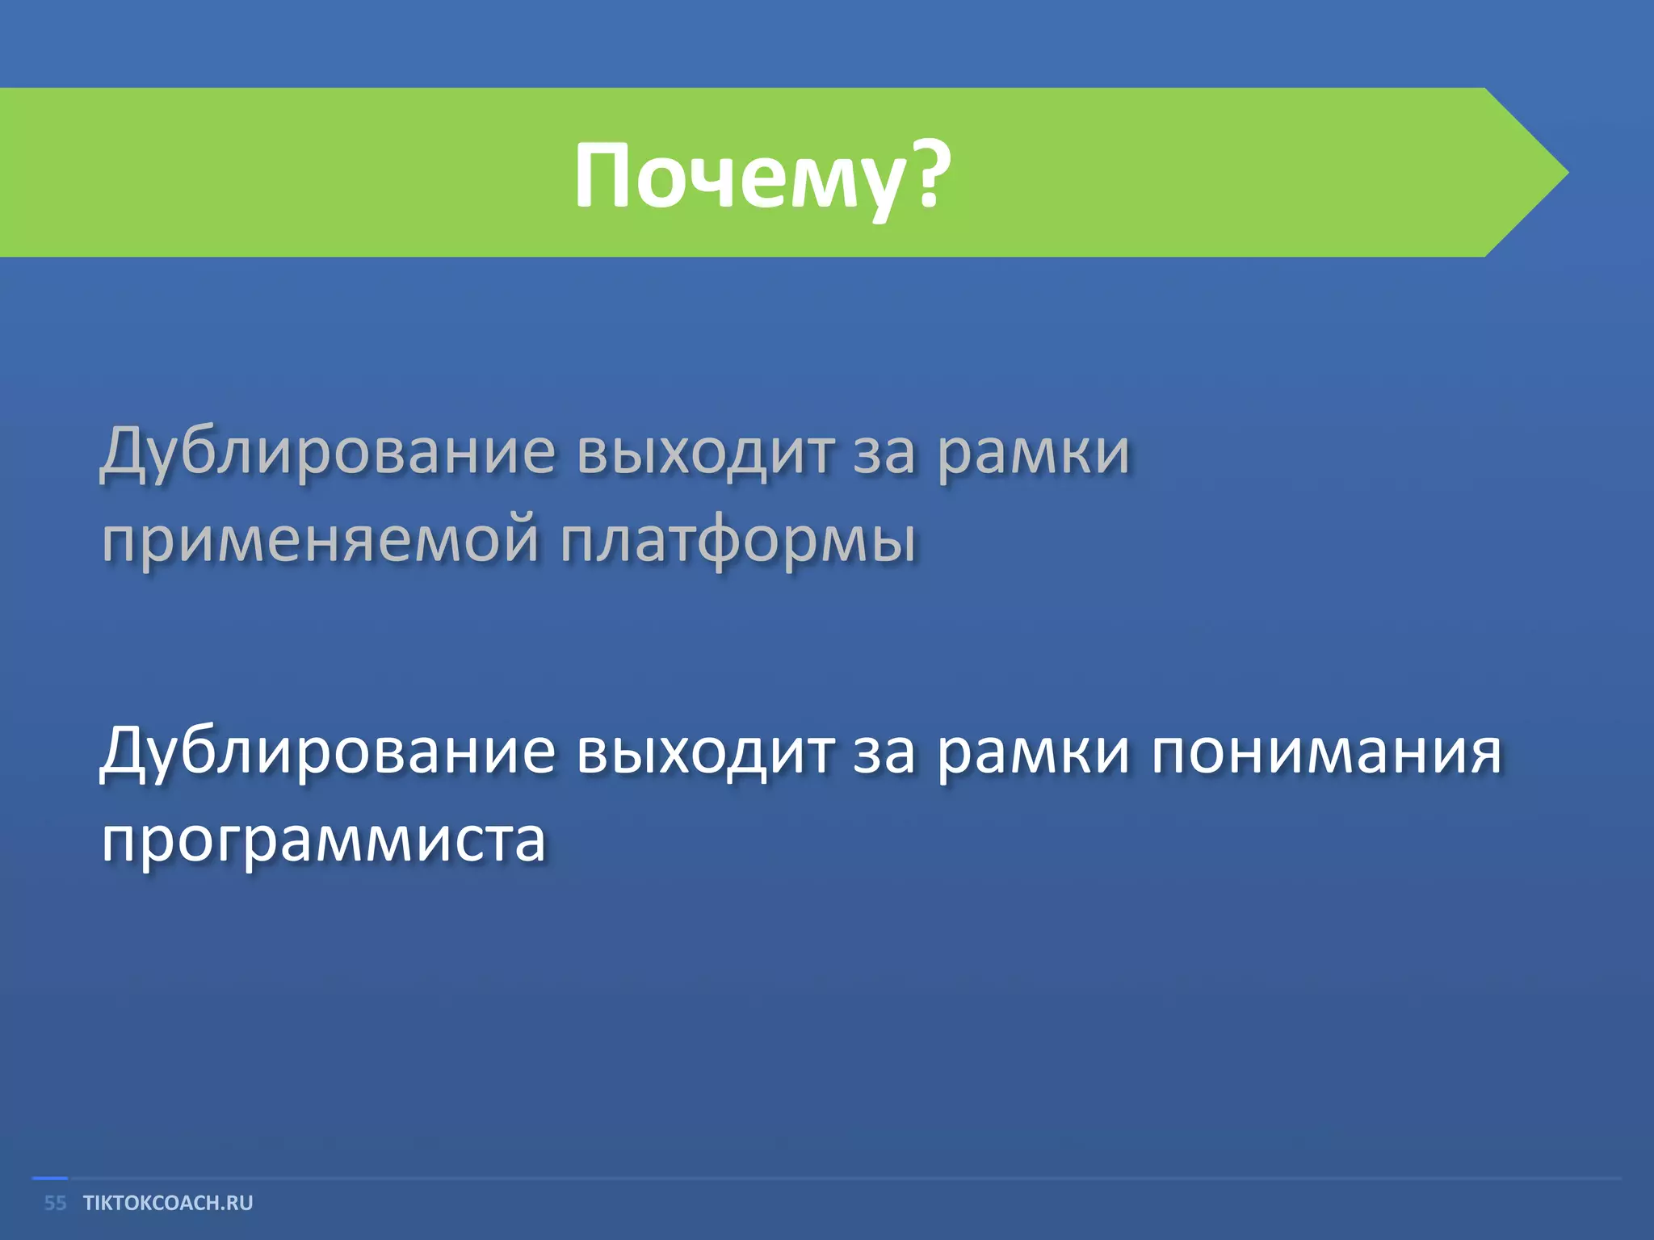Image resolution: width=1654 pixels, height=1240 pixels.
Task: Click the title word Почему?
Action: pos(762,176)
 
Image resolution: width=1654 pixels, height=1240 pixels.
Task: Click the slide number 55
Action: pos(55,1203)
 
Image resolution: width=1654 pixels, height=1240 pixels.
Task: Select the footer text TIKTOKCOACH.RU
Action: pos(168,1203)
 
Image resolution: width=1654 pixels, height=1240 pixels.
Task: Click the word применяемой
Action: pos(320,541)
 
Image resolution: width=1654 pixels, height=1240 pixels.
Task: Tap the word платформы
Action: pos(738,541)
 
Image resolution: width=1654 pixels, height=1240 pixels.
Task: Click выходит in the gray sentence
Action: pos(705,452)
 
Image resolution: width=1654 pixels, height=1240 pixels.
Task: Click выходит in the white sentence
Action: pos(705,751)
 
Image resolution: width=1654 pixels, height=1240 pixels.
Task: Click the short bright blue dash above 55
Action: pos(49,1179)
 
